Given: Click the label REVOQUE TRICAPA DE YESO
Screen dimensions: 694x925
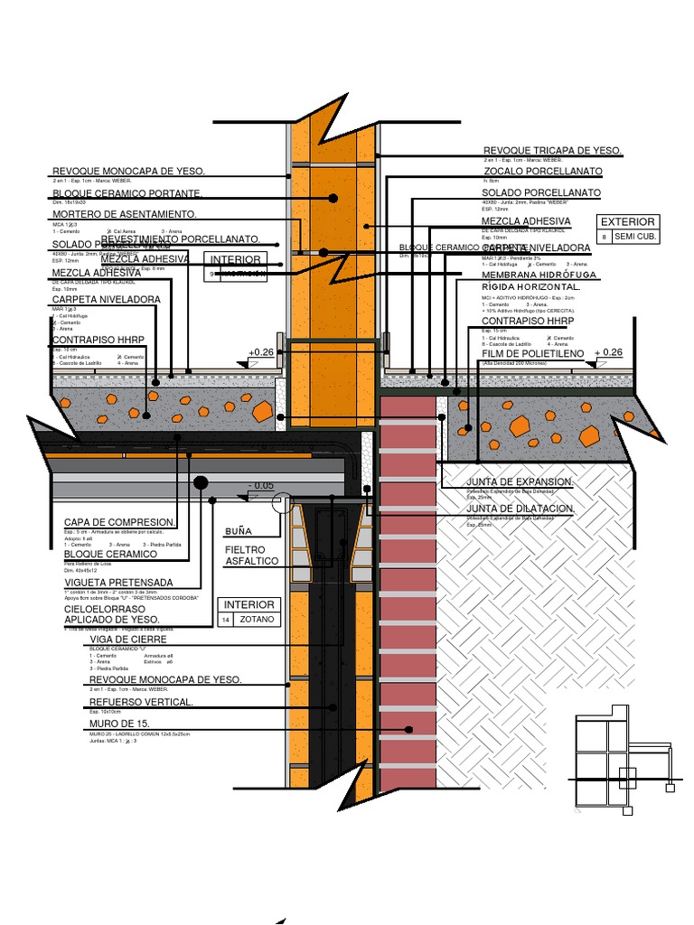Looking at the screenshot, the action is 552,151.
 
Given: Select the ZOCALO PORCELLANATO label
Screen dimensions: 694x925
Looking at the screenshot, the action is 542,172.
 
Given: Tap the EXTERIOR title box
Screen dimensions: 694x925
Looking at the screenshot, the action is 628,221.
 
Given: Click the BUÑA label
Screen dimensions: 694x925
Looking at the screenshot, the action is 239,530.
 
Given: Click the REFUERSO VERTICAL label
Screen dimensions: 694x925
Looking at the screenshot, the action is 140,702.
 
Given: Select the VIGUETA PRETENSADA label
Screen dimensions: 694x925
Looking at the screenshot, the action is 118,584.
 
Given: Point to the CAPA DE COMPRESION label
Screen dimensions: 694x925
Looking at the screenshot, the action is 119,523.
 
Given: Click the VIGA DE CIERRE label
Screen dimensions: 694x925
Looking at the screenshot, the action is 128,640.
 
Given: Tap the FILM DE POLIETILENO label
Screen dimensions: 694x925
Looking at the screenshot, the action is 533,352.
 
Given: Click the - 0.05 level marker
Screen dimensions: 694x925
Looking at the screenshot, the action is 261,486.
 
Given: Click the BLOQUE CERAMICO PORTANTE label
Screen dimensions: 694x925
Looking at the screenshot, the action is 127,193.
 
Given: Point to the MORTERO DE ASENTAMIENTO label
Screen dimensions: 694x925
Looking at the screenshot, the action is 125,214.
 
